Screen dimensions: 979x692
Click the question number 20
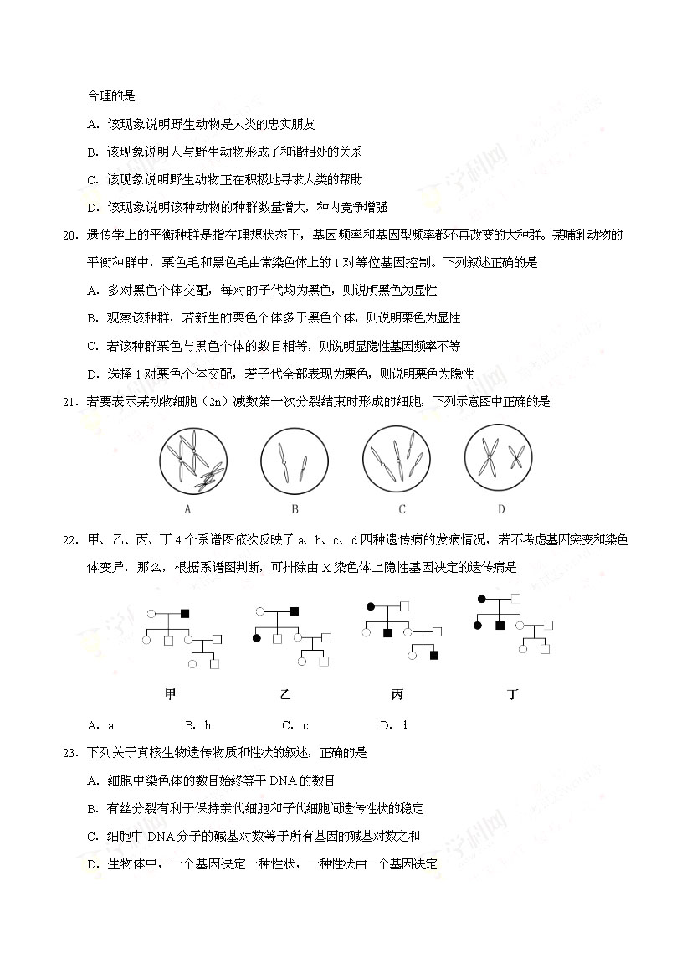(69, 234)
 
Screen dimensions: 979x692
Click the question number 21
(69, 401)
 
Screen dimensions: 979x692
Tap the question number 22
(69, 539)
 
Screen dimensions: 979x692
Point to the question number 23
(69, 752)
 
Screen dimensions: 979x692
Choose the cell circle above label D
(500, 458)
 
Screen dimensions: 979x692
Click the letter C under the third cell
(402, 509)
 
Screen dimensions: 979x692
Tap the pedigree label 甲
(171, 693)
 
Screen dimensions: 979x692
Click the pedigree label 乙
(286, 694)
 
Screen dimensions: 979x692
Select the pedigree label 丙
(397, 694)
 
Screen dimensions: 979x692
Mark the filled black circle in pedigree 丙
(369, 605)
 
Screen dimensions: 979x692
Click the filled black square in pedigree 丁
(499, 626)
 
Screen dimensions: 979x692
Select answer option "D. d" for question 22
(392, 725)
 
